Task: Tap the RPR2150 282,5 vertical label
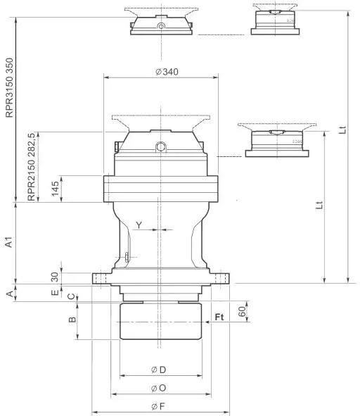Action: coord(32,166)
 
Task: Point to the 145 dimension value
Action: coord(55,189)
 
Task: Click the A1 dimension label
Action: coord(9,244)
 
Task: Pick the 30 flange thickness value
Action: coord(55,275)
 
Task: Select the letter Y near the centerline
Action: coord(139,225)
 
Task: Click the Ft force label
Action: coord(219,317)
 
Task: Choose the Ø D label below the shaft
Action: coord(158,370)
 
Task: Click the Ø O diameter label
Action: coord(158,388)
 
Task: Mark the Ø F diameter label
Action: coord(158,406)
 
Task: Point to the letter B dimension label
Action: coord(70,320)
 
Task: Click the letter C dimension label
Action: coord(70,296)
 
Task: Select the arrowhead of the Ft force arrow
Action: coord(207,323)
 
